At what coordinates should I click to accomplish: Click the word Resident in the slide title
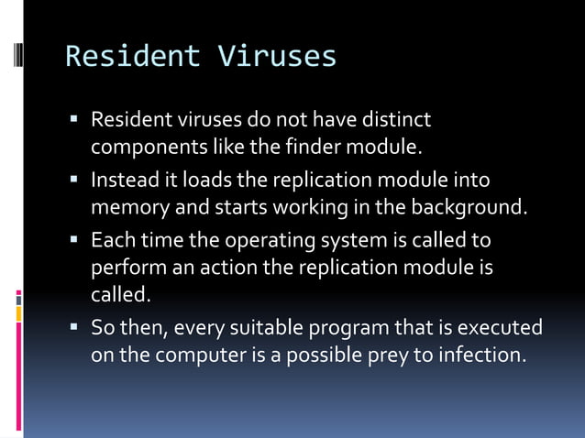pyautogui.click(x=132, y=57)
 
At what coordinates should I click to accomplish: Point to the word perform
pyautogui.click(x=123, y=269)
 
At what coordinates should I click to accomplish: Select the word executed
pyautogui.click(x=505, y=327)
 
